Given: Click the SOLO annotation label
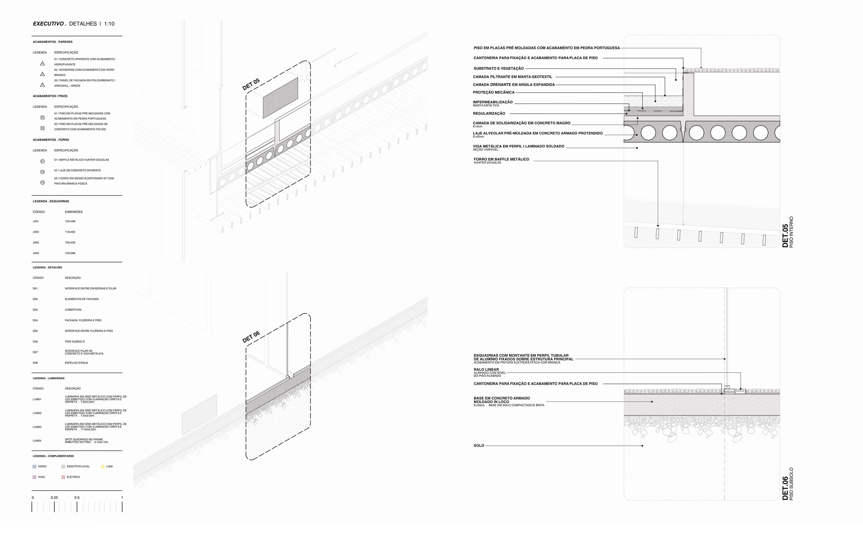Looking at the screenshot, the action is pyautogui.click(x=479, y=445).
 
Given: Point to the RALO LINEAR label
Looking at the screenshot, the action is pyautogui.click(x=486, y=369).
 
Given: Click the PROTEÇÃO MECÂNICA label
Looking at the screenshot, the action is pyautogui.click(x=494, y=92).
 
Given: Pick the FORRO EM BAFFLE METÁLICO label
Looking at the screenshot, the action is pyautogui.click(x=501, y=159).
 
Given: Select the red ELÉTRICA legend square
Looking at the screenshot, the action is pyautogui.click(x=63, y=477).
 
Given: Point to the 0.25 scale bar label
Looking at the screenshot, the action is pyautogui.click(x=54, y=498).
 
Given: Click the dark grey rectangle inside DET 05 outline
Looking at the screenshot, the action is pyautogui.click(x=280, y=98).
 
